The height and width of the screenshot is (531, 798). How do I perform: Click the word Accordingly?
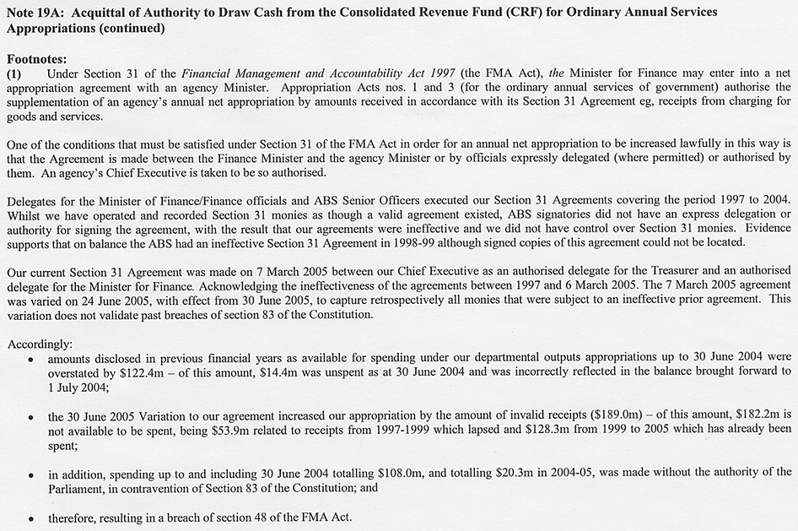pos(40,344)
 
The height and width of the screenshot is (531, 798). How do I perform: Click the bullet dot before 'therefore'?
pos(30,516)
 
